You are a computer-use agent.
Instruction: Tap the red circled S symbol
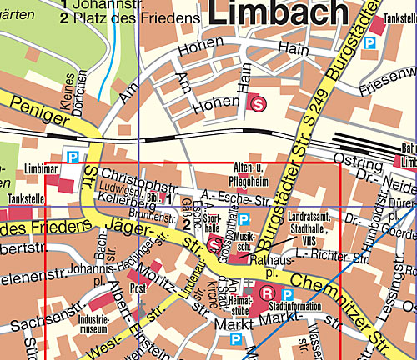click(259, 103)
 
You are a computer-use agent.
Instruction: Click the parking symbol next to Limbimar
click(73, 155)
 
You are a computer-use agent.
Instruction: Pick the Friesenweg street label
click(389, 84)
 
